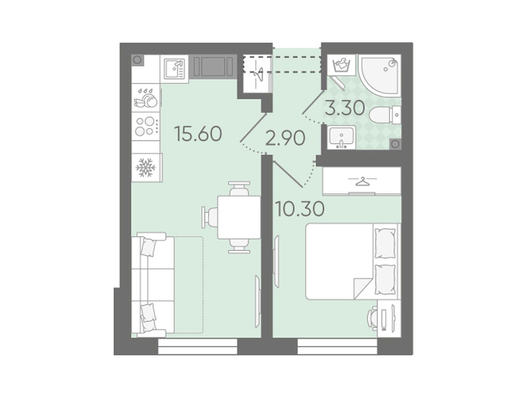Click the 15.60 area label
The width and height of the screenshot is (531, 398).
point(198,134)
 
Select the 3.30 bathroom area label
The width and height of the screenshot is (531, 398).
point(344,108)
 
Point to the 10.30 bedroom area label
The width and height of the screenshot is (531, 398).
point(299,209)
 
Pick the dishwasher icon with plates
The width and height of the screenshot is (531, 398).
point(146,98)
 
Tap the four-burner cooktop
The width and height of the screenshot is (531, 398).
point(146,126)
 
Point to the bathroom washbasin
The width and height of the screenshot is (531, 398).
point(341,138)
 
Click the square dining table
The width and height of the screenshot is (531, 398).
point(239,217)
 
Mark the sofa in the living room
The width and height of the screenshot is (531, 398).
point(153,285)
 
